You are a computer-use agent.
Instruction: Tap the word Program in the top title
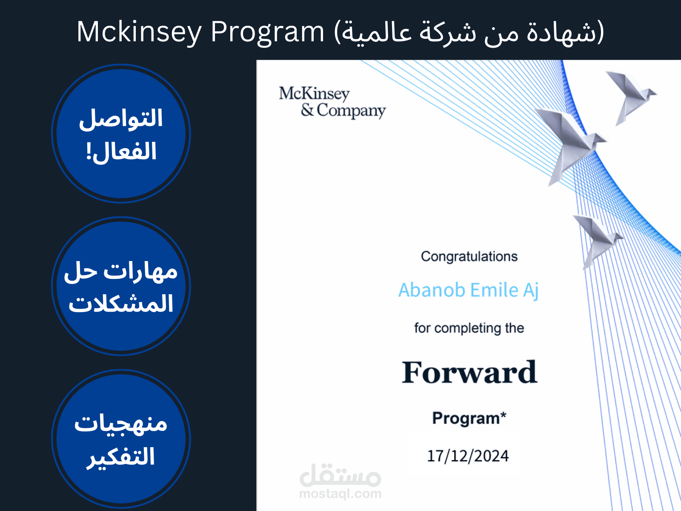pyautogui.click(x=268, y=32)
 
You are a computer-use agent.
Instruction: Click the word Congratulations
pyautogui.click(x=469, y=256)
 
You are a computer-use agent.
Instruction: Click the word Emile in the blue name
pyautogui.click(x=494, y=290)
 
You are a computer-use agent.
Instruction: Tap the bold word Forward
pyautogui.click(x=469, y=372)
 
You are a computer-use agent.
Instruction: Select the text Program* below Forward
pyautogui.click(x=469, y=418)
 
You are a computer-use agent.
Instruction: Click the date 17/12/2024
pyautogui.click(x=468, y=456)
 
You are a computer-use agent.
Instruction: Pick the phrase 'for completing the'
pyautogui.click(x=469, y=328)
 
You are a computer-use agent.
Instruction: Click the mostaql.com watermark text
pyautogui.click(x=340, y=494)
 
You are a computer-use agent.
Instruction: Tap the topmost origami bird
pyautogui.click(x=630, y=96)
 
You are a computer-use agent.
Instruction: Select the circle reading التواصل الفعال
pyautogui.click(x=121, y=134)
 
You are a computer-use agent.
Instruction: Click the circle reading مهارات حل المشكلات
pyautogui.click(x=121, y=286)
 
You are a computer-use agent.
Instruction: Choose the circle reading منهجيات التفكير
pyautogui.click(x=121, y=439)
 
